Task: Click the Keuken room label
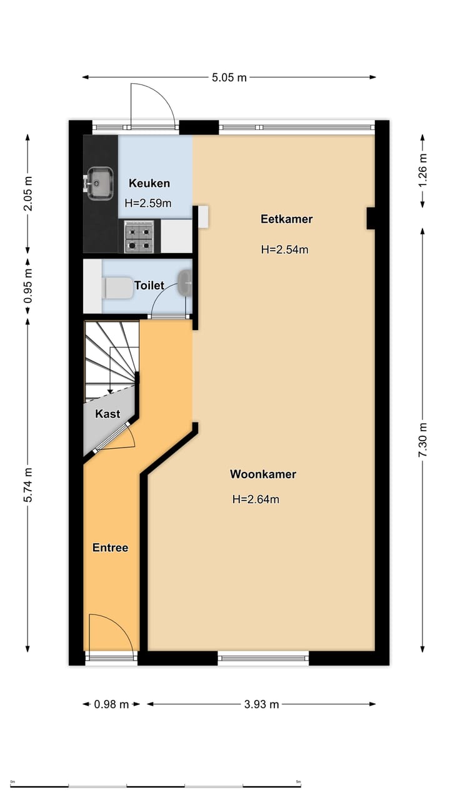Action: pyautogui.click(x=149, y=183)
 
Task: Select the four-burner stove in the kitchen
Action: pyautogui.click(x=139, y=237)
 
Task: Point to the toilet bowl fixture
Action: pyautogui.click(x=118, y=287)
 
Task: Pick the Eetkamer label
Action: pyautogui.click(x=286, y=219)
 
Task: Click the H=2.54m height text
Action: pyautogui.click(x=284, y=249)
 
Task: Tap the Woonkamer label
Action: pyautogui.click(x=262, y=474)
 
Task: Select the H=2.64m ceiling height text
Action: pyautogui.click(x=255, y=499)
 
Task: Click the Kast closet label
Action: pyautogui.click(x=107, y=414)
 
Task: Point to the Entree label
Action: pyautogui.click(x=110, y=547)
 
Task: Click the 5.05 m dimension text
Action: pyautogui.click(x=229, y=77)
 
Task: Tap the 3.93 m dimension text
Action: pyautogui.click(x=261, y=704)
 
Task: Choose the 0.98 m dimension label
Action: pyautogui.click(x=111, y=704)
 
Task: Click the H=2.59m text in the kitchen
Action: pyautogui.click(x=148, y=202)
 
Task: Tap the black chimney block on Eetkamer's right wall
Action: pyautogui.click(x=371, y=218)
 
